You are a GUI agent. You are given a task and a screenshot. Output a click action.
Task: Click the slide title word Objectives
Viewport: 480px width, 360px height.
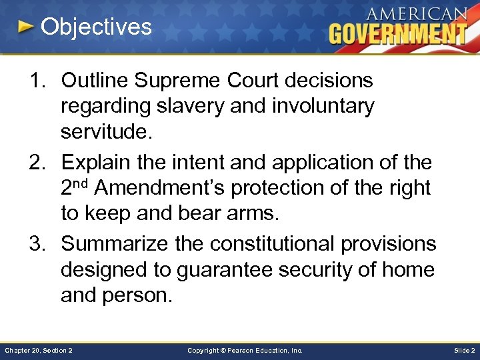coord(96,27)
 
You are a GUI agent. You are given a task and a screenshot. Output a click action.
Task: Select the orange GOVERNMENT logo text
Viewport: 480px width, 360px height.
coord(398,33)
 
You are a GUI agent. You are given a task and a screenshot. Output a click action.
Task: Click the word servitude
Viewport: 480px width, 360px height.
coord(107,131)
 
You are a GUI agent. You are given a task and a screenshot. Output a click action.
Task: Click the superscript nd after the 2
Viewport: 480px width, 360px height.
coord(80,183)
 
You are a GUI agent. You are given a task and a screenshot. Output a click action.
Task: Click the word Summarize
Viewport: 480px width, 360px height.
coord(117,244)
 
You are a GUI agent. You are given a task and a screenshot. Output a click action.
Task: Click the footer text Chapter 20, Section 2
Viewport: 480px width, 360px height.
coord(39,350)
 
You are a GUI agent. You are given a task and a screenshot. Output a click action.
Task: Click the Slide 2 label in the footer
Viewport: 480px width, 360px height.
coord(464,350)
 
